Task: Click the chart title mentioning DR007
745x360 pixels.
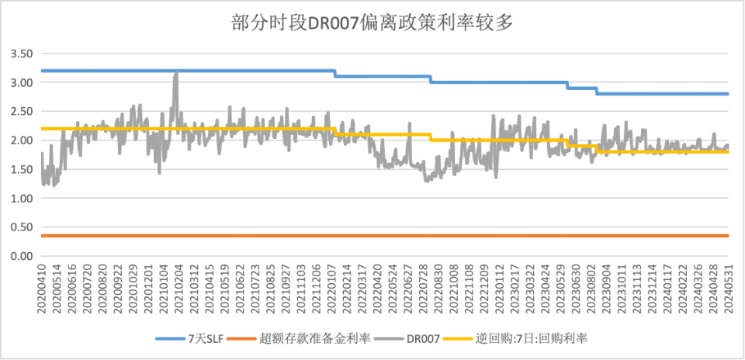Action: coord(372,22)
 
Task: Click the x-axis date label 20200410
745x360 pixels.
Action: coord(42,289)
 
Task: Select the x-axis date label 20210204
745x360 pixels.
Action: coord(178,289)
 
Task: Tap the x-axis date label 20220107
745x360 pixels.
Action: coord(332,289)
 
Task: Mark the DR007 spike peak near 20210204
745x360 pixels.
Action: coord(176,73)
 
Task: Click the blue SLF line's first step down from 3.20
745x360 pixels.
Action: coord(335,74)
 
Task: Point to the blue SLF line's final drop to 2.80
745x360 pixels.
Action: coord(596,91)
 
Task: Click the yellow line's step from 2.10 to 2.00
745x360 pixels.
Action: coord(430,137)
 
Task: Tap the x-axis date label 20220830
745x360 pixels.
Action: coord(438,289)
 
